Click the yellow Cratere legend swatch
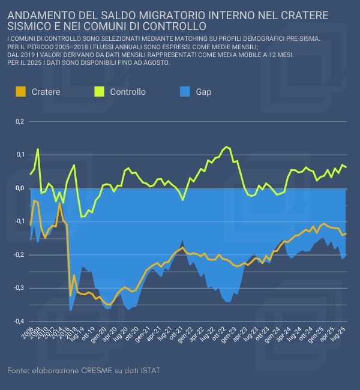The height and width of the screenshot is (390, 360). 20,92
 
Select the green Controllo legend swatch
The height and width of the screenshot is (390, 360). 100,92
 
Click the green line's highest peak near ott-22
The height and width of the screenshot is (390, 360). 226,146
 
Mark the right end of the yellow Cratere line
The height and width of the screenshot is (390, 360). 346,233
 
